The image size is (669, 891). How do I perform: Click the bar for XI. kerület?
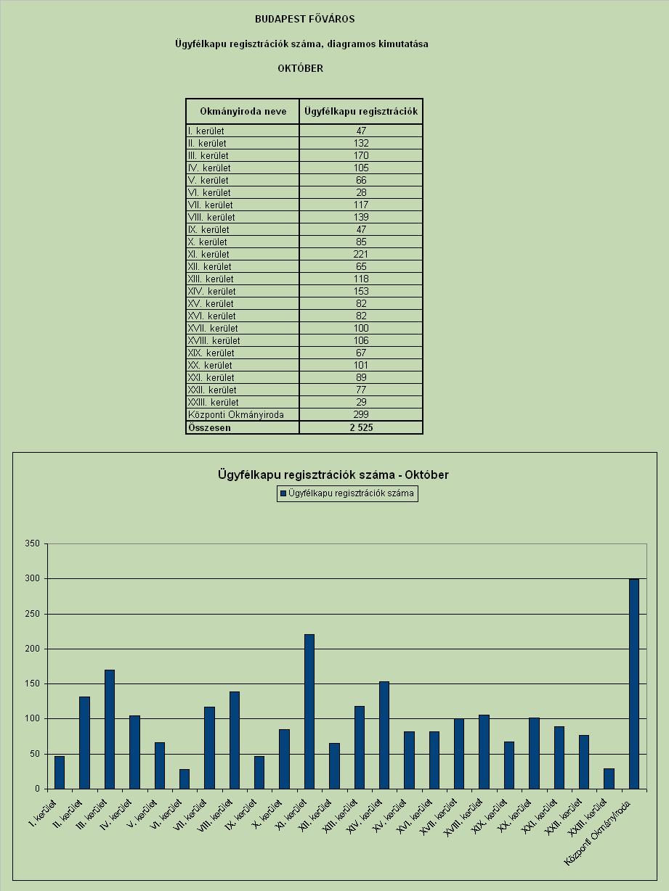pyautogui.click(x=309, y=711)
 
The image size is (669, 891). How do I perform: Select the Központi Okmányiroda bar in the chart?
pyautogui.click(x=633, y=684)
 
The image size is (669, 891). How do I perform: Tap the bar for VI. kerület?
pyautogui.click(x=185, y=779)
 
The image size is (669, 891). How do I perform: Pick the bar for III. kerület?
pyautogui.click(x=110, y=729)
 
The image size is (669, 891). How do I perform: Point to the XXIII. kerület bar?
pyautogui.click(x=609, y=779)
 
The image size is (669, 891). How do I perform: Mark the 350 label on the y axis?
pyautogui.click(x=32, y=543)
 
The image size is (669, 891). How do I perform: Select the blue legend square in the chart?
pyautogui.click(x=283, y=493)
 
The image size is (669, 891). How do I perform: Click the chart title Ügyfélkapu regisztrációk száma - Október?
pyautogui.click(x=333, y=475)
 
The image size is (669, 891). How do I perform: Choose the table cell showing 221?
pyautogui.click(x=361, y=254)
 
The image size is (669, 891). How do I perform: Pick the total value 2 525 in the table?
pyautogui.click(x=361, y=427)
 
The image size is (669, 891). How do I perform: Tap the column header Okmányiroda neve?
pyautogui.click(x=243, y=111)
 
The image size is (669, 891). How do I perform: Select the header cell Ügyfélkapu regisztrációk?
pyautogui.click(x=361, y=111)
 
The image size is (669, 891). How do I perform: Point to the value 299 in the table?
pyautogui.click(x=361, y=414)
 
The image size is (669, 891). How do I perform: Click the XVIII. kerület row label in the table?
pyautogui.click(x=214, y=340)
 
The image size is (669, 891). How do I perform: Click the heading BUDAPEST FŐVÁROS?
pyautogui.click(x=304, y=19)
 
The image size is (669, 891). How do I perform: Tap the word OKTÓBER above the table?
pyautogui.click(x=301, y=68)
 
